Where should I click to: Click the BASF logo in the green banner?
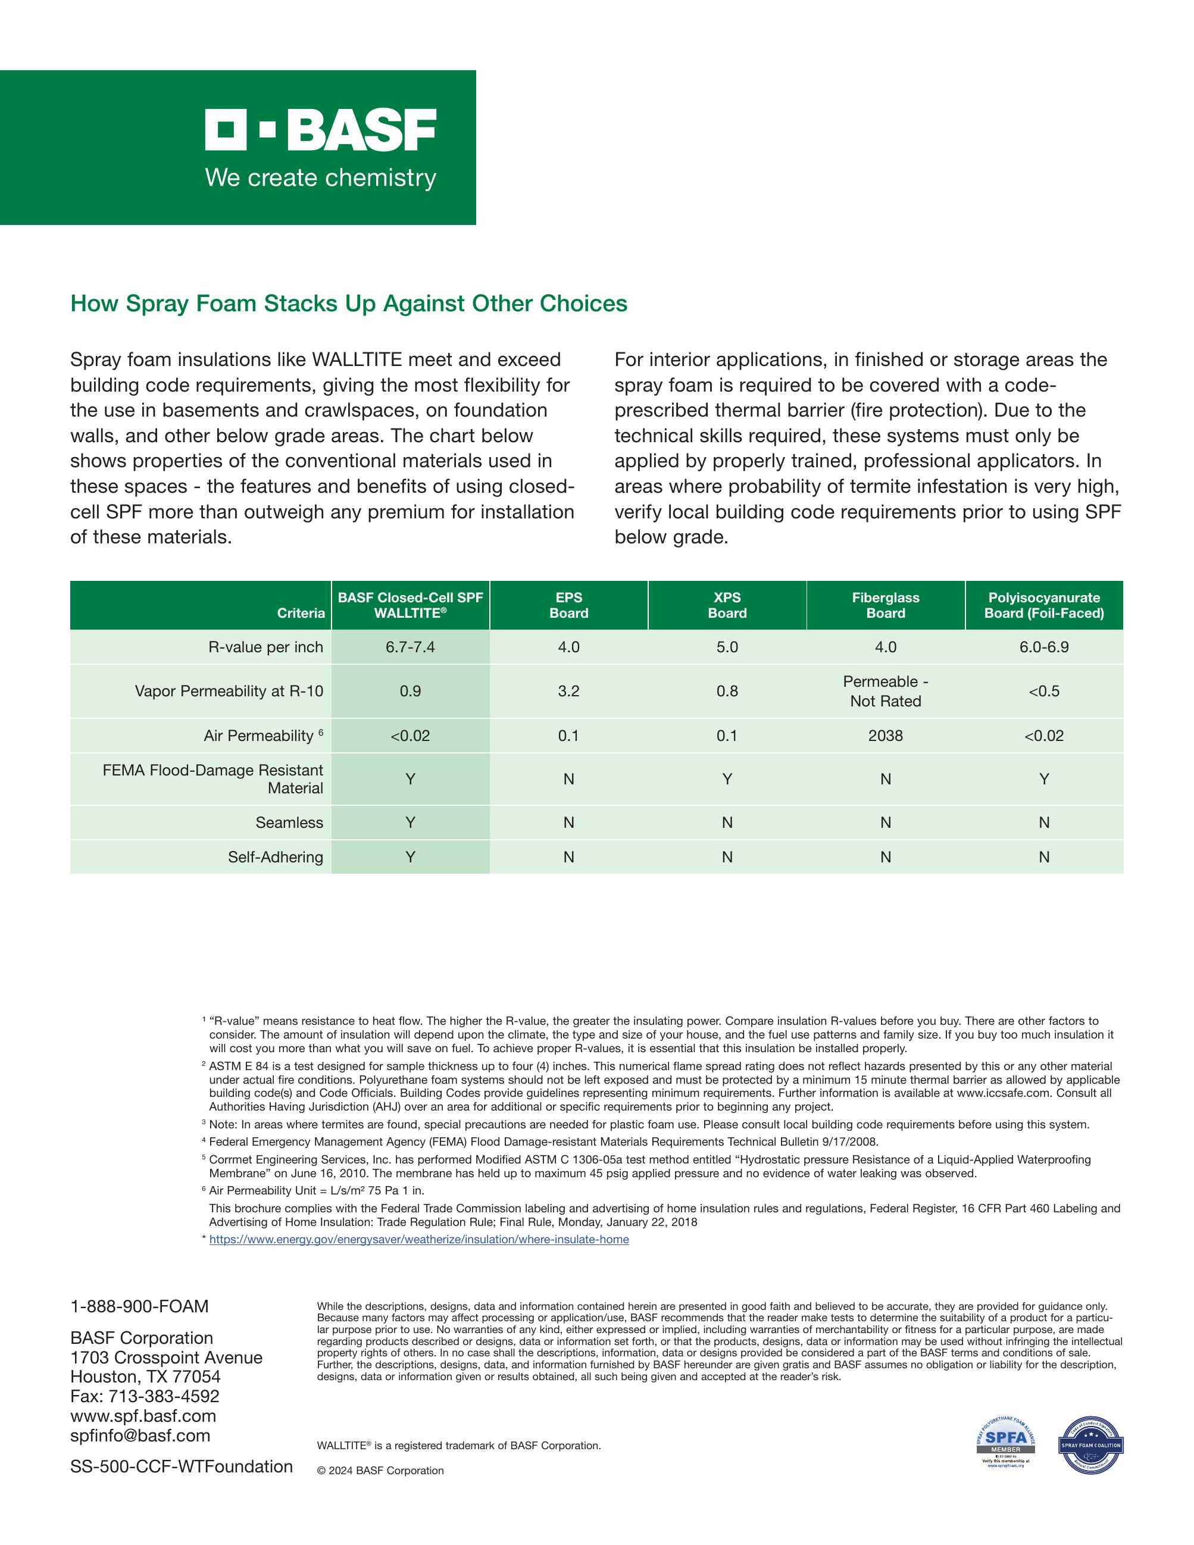(x=320, y=130)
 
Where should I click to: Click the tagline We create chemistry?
(x=320, y=177)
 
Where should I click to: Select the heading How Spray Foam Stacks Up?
(x=349, y=304)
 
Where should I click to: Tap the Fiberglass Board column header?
(x=885, y=605)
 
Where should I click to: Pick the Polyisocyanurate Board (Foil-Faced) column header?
(x=1043, y=605)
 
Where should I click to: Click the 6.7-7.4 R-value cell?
(x=410, y=648)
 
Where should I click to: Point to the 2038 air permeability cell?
(x=885, y=736)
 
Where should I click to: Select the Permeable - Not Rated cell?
(x=885, y=691)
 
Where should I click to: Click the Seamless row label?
(x=289, y=822)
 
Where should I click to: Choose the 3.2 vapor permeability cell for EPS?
(x=568, y=691)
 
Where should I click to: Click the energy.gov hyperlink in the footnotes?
(x=419, y=1240)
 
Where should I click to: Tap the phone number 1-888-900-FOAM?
(x=139, y=1306)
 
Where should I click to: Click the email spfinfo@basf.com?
(x=140, y=1435)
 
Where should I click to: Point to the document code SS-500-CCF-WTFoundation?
(x=181, y=1466)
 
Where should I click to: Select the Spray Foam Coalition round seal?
(x=1090, y=1444)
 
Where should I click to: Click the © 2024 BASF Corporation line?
(x=380, y=1470)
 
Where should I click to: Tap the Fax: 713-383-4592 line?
(x=145, y=1396)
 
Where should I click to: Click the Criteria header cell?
(x=301, y=612)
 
